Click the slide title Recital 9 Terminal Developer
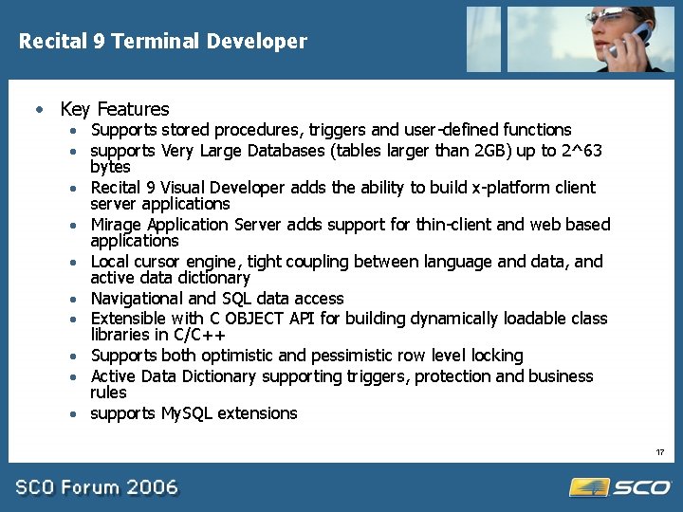pos(163,42)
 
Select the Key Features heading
pos(114,109)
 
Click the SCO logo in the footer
pos(620,487)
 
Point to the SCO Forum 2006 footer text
pos(97,487)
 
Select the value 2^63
pos(581,151)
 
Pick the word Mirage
pos(116,225)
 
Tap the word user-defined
pos(452,130)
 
